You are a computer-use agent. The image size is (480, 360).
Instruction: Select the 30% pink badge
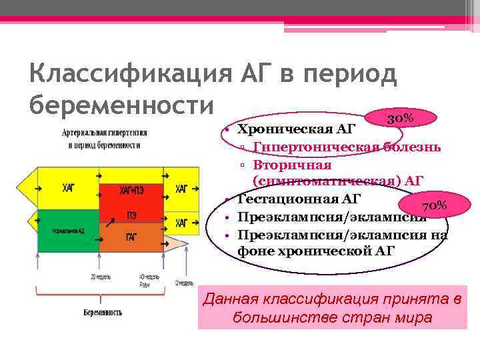pyautogui.click(x=400, y=118)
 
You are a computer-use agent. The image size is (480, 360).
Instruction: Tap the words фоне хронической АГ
pyautogui.click(x=316, y=251)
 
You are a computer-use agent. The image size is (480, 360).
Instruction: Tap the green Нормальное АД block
pyautogui.click(x=68, y=231)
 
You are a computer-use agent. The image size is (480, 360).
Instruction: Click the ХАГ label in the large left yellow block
pyautogui.click(x=68, y=189)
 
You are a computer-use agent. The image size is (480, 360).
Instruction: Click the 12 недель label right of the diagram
pyautogui.click(x=184, y=283)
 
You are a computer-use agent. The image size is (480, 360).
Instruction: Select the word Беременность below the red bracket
pyautogui.click(x=103, y=312)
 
